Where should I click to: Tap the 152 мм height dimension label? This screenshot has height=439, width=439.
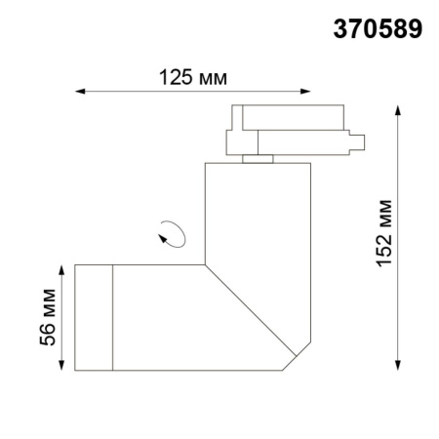click(x=388, y=235)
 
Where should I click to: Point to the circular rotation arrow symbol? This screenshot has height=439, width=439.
click(x=174, y=234)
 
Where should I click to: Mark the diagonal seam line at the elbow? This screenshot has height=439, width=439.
click(x=249, y=310)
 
